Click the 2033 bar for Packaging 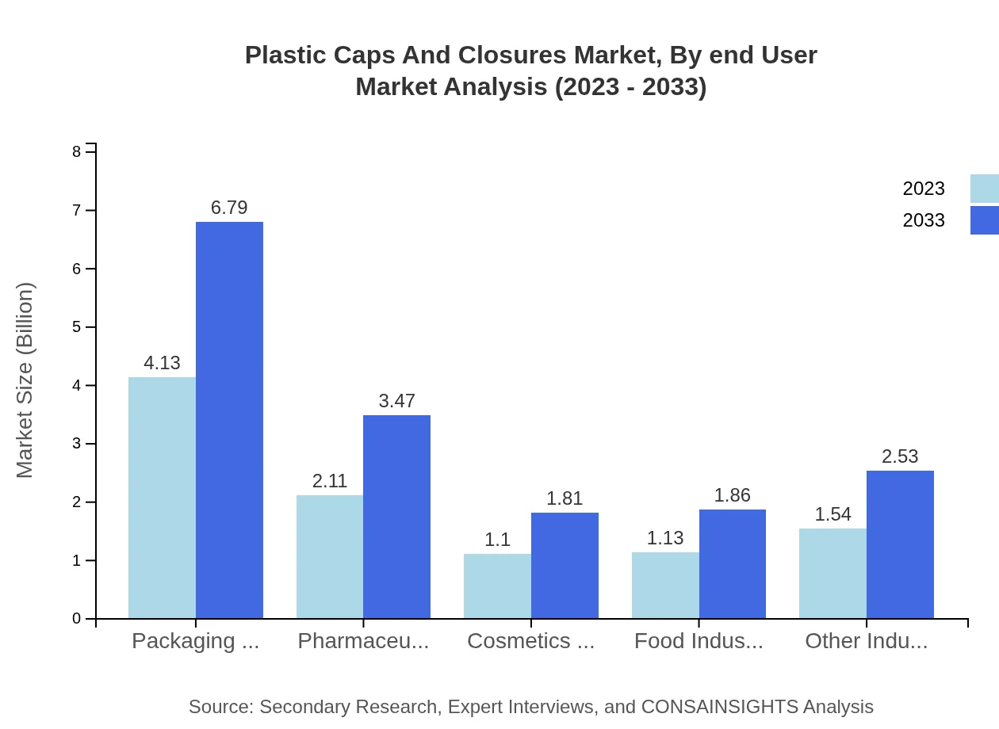(229, 420)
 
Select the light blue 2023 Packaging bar (162, 498)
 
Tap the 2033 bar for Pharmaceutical (396, 517)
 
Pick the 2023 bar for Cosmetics (497, 586)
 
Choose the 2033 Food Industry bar (733, 564)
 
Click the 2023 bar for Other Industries (832, 574)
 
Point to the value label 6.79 (229, 208)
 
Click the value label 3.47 (396, 401)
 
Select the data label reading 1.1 (497, 540)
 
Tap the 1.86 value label (732, 495)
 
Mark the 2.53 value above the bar (900, 456)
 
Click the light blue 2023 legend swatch (984, 189)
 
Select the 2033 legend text (924, 220)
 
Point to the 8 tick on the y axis (77, 151)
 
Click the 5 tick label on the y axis (77, 327)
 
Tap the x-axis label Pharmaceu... (363, 641)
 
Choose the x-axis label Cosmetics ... (530, 641)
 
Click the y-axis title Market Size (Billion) (25, 380)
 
